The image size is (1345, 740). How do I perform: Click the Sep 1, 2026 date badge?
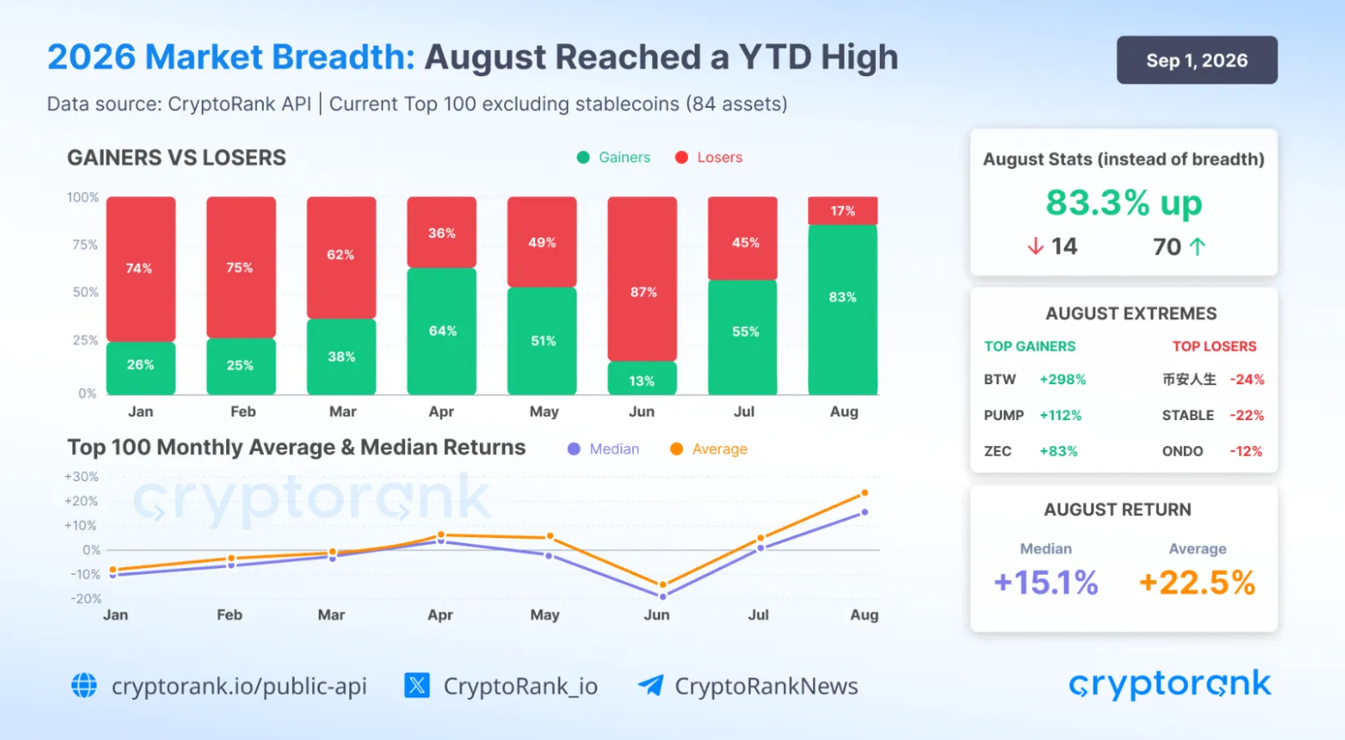[x=1196, y=60]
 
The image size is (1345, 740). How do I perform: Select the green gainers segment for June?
[x=642, y=378]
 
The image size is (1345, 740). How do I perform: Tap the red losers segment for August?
[x=842, y=210]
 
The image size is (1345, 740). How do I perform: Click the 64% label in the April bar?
[x=442, y=331]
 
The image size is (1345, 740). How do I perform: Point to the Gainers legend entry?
[x=613, y=157]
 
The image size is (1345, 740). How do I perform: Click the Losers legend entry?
[x=709, y=157]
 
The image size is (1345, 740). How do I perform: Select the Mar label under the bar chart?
[x=343, y=412]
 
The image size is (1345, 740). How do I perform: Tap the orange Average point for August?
[x=865, y=493]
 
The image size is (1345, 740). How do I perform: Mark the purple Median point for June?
[x=663, y=596]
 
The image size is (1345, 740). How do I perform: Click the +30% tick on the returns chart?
[x=81, y=476]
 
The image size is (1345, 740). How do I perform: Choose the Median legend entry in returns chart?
[x=604, y=449]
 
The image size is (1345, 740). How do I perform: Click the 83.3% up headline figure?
[x=1124, y=202]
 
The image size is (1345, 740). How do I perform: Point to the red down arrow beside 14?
[x=1035, y=246]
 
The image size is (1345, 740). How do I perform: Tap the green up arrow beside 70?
[x=1198, y=246]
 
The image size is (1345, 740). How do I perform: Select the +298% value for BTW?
[x=1063, y=380]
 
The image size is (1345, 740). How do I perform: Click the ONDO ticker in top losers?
[x=1182, y=451]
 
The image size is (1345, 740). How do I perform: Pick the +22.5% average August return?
[x=1196, y=583]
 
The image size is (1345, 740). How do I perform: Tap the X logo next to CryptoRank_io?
[x=417, y=686]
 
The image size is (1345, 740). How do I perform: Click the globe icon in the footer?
[x=84, y=686]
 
